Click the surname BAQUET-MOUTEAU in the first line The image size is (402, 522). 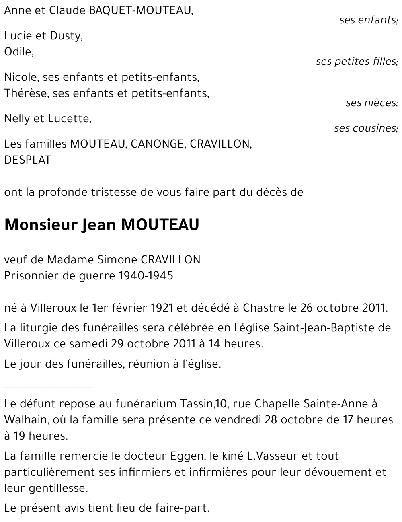coord(138,11)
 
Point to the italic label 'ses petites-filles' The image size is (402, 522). coord(356,62)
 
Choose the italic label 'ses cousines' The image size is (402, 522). coord(365,128)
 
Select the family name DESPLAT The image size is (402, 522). coord(28,160)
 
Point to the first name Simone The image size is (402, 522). coord(112,260)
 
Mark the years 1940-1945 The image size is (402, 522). coord(146,276)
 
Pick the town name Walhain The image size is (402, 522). coord(25,420)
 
